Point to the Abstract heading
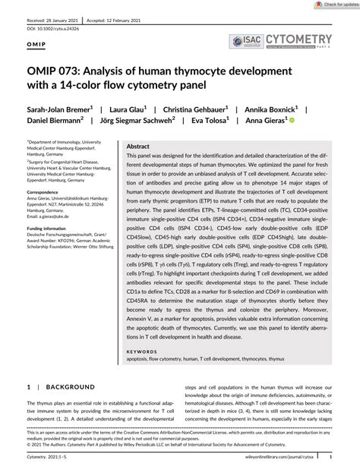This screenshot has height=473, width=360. (138, 146)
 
